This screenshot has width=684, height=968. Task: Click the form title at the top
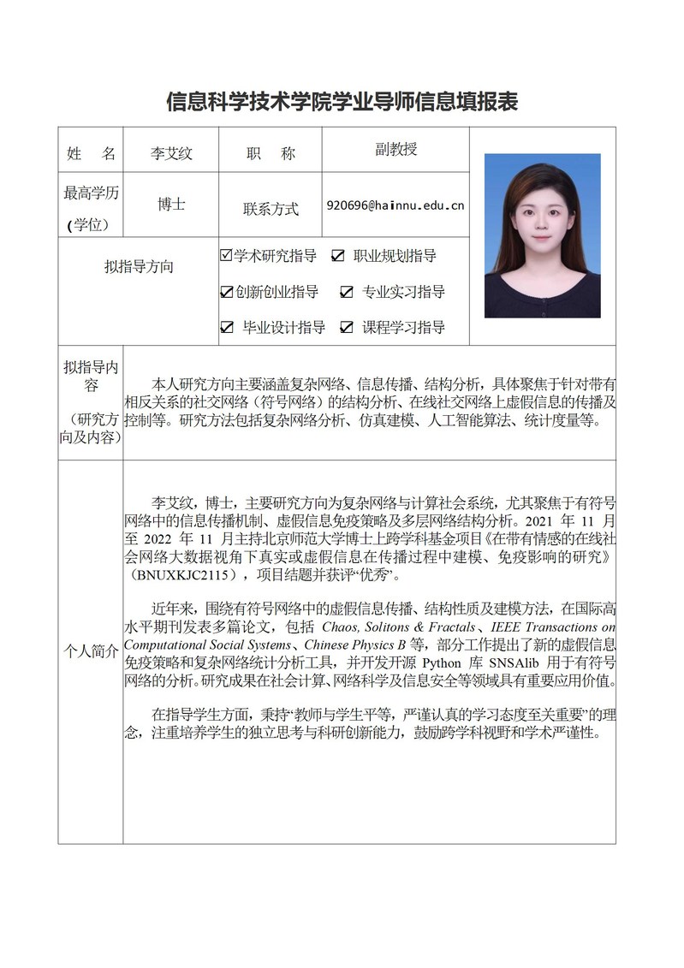point(342,101)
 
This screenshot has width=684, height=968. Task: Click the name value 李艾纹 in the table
point(171,154)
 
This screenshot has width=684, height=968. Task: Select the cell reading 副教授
point(396,149)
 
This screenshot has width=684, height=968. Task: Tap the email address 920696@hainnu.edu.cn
point(396,205)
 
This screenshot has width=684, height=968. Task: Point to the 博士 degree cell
point(171,205)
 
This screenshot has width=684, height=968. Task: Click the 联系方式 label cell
point(271,208)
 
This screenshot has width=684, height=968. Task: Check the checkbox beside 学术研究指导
point(227,255)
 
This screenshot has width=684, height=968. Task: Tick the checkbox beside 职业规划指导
point(338,256)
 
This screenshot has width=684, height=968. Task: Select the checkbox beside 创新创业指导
point(227,292)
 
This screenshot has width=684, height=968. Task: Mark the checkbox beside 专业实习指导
point(347,292)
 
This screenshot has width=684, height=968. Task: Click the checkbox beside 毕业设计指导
point(227,327)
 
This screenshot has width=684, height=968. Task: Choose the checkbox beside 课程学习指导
point(347,327)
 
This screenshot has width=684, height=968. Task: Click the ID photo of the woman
point(542,235)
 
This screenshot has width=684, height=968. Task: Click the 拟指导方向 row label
point(139,266)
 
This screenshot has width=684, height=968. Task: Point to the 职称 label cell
point(271,154)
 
